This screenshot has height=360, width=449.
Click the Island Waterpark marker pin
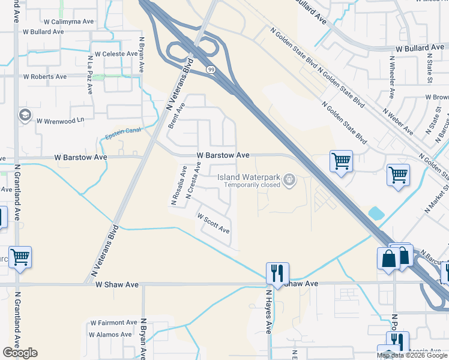[290, 179]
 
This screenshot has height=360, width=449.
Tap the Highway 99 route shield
[211, 70]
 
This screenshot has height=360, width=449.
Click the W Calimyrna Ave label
[69, 22]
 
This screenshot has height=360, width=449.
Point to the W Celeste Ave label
[116, 54]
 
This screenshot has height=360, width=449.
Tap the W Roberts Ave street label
[45, 77]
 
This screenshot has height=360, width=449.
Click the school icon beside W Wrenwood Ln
[25, 115]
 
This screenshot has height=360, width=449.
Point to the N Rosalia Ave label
[178, 187]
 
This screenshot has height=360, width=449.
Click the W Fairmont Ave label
[113, 323]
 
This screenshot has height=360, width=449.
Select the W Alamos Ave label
[110, 335]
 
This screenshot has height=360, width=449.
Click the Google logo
[20, 353]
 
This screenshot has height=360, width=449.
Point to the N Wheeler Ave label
[391, 77]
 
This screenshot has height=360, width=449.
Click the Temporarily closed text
[253, 185]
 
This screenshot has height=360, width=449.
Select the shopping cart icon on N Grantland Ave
[20, 257]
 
